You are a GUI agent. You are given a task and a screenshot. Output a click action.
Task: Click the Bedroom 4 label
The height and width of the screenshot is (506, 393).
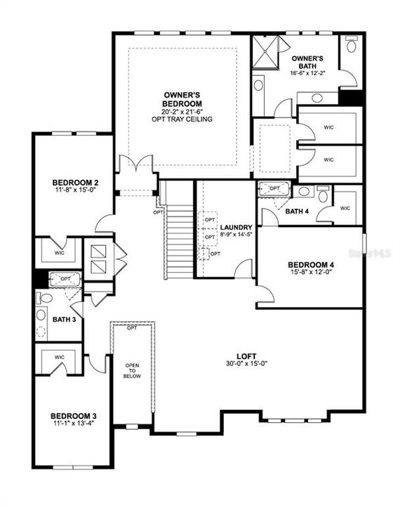[x=309, y=265]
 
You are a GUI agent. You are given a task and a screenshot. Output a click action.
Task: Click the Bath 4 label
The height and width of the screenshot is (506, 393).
[x=297, y=211]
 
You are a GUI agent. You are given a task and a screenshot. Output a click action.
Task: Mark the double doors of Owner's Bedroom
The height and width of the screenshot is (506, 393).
[x=135, y=169]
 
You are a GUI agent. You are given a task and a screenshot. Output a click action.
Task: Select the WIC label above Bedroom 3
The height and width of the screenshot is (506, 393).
[x=60, y=357]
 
